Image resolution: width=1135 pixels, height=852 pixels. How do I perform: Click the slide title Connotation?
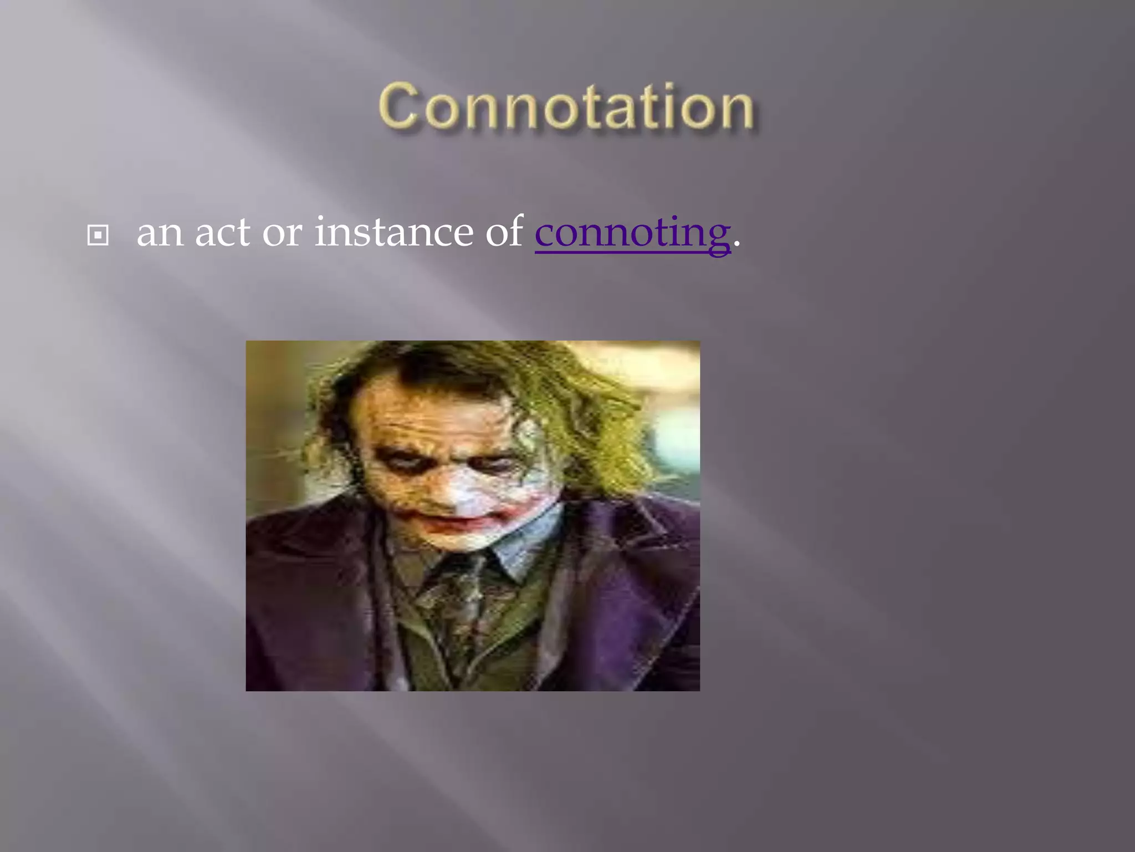pyautogui.click(x=566, y=106)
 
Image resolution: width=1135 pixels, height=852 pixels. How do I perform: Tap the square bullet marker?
pyautogui.click(x=98, y=236)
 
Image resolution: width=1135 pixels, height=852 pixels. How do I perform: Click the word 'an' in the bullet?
pyautogui.click(x=160, y=233)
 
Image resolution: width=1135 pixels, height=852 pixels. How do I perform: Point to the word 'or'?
pyautogui.click(x=282, y=233)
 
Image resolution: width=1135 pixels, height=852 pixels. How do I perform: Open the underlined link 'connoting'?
pyautogui.click(x=632, y=233)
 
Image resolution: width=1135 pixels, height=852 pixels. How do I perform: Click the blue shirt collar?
pyautogui.click(x=526, y=541)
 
